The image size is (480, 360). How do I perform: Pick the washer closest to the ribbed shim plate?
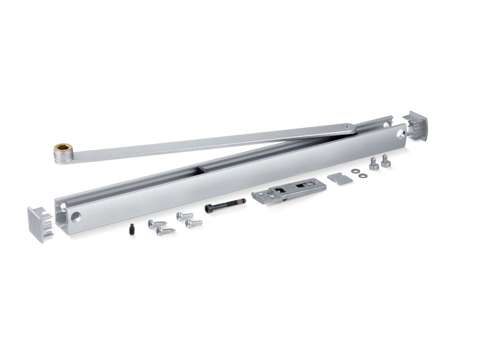coord(355,172)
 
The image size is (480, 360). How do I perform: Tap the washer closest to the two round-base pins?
coord(362,175)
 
